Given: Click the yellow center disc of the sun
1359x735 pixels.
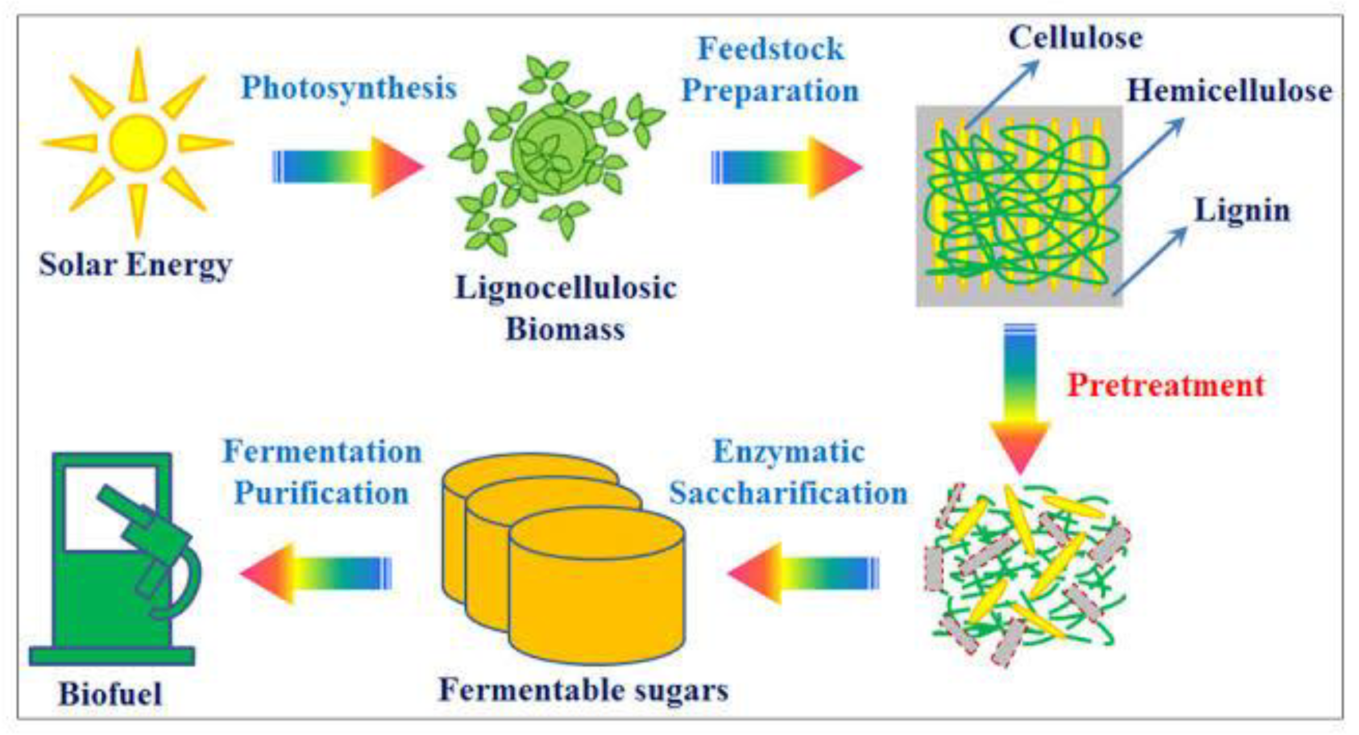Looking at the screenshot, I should tap(138, 143).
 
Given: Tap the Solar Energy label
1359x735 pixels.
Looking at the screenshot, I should tap(135, 265).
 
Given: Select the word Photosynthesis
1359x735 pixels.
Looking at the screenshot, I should tap(349, 88).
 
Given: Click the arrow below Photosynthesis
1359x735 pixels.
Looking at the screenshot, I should tap(348, 168).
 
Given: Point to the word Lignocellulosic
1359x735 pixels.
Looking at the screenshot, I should tap(566, 289).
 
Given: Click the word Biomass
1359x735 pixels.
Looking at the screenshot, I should tap(566, 329).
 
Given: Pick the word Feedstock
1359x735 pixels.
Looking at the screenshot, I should tap(771, 49).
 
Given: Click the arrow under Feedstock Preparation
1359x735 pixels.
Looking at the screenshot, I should tap(787, 168).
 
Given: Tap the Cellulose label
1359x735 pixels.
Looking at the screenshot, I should tap(1075, 38).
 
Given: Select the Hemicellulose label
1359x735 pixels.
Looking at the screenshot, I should tap(1229, 91).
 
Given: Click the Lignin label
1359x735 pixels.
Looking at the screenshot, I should tap(1242, 211).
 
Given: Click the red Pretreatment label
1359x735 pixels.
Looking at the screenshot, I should tap(1166, 386).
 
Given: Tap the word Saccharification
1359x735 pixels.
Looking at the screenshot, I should tap(788, 494).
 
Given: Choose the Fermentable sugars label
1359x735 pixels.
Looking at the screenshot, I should tap(583, 690).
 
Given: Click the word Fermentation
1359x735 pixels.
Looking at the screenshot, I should tap(322, 452).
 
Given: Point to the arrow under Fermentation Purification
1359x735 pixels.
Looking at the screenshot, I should tap(316, 573).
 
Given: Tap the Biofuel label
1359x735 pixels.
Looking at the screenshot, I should tap(110, 694).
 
